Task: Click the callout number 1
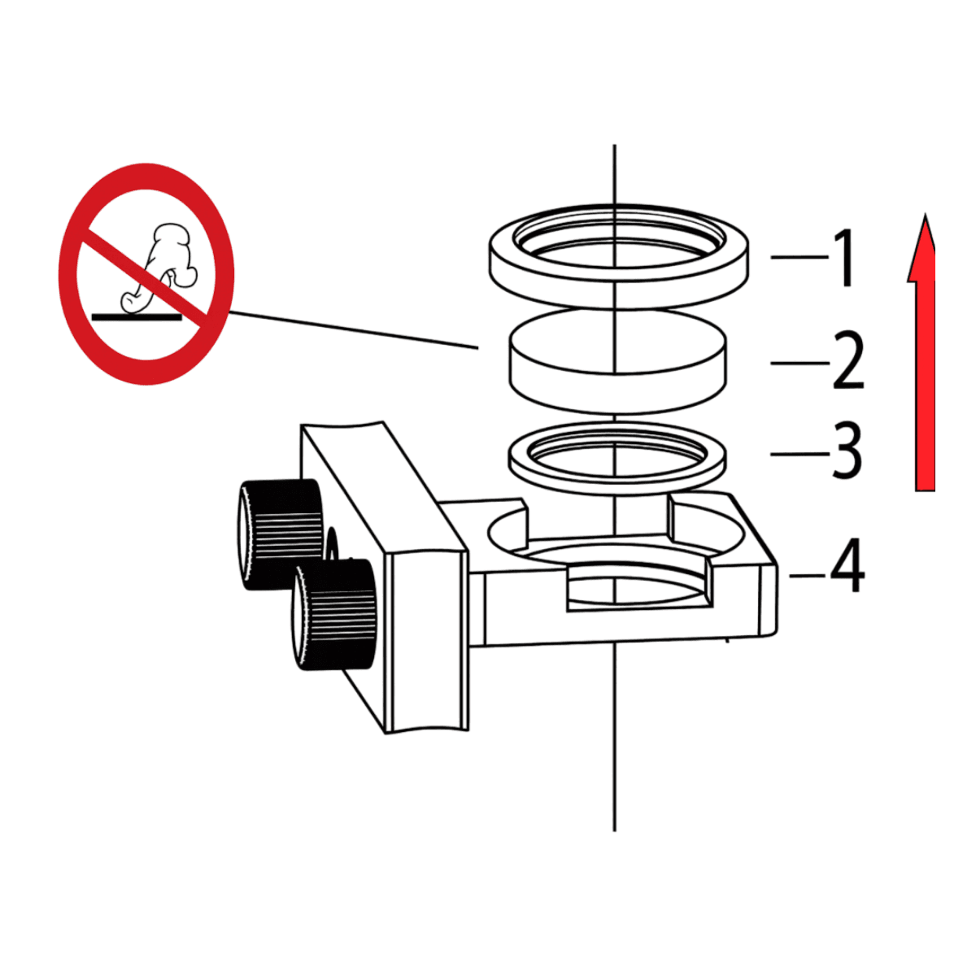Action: (x=843, y=258)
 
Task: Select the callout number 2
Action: (x=847, y=360)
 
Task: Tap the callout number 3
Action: (x=847, y=450)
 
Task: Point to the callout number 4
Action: (x=847, y=564)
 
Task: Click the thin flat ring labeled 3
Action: (x=617, y=482)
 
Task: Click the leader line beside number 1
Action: (x=800, y=257)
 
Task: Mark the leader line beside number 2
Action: (x=800, y=363)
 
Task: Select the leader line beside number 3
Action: (x=800, y=455)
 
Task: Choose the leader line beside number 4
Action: (x=808, y=576)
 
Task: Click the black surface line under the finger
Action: (x=137, y=317)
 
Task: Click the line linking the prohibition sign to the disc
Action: (x=354, y=329)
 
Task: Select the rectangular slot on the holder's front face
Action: (x=640, y=590)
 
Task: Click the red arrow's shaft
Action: (x=925, y=386)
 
